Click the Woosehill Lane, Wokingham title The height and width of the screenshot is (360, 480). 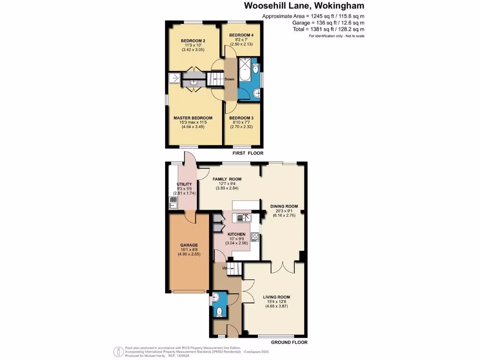(304, 6)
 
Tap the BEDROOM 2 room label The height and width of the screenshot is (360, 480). (193, 41)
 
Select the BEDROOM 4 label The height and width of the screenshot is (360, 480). (241, 35)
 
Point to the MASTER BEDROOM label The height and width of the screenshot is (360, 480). (193, 118)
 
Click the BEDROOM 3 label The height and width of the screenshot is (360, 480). (241, 118)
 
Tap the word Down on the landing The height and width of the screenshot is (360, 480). (230, 79)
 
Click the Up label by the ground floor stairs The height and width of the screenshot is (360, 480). (225, 268)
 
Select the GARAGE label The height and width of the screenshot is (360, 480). (189, 245)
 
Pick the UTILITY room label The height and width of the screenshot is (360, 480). (184, 184)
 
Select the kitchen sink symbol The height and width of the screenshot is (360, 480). (244, 217)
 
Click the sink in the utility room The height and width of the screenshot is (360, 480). (172, 202)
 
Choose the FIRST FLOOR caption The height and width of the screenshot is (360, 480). (248, 153)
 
